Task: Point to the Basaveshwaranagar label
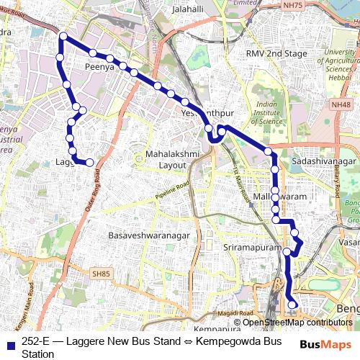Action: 148,235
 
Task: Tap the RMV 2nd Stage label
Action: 276,54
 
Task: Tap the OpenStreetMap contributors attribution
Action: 297,323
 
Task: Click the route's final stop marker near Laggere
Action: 90,163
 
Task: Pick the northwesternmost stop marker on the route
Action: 63,36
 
